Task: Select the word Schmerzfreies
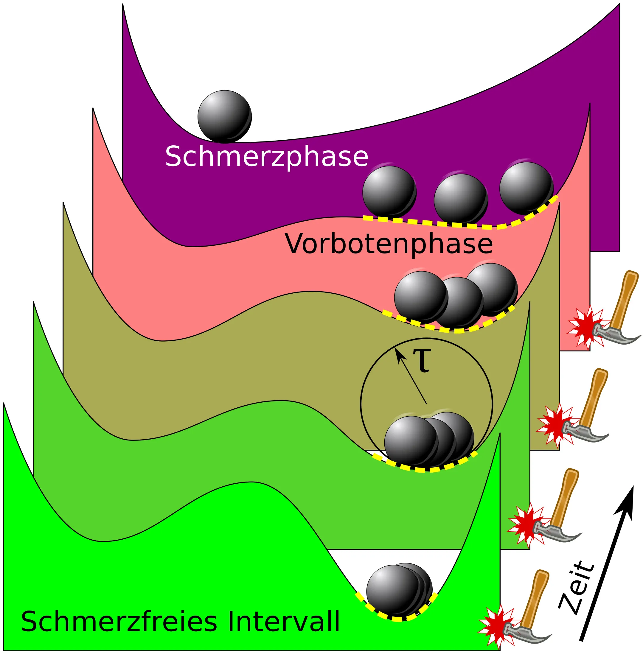tap(119, 622)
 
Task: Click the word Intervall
tap(283, 622)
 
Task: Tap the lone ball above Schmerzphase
tap(225, 116)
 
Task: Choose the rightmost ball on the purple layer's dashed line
tap(526, 188)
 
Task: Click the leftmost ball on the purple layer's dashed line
tap(389, 192)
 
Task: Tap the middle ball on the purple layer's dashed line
tap(461, 200)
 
